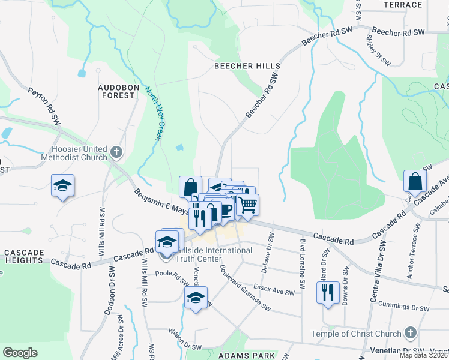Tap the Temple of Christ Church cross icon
click(x=410, y=332)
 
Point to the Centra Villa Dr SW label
click(x=382, y=263)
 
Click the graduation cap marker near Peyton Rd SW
click(x=62, y=187)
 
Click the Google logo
click(x=20, y=352)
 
